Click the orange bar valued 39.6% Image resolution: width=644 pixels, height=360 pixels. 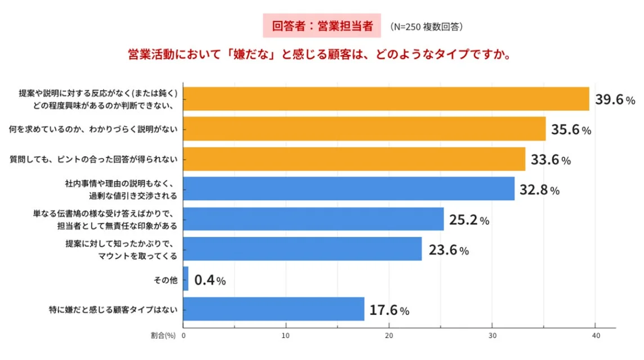tap(386, 99)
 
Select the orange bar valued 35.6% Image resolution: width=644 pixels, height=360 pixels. tap(364, 129)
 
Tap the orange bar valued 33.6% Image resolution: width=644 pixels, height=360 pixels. tap(354, 159)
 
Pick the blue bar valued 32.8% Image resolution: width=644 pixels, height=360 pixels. tap(348, 189)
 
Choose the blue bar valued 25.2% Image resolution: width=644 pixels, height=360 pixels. tap(313, 219)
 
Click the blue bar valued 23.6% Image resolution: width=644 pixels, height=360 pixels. tap(302, 249)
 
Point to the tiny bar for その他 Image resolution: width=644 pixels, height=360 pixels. tap(186, 279)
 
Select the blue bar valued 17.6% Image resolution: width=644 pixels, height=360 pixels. tap(274, 309)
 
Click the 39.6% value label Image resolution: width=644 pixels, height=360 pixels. tap(615, 100)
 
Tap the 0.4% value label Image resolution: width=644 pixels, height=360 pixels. tap(210, 280)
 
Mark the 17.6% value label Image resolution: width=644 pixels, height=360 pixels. tap(390, 310)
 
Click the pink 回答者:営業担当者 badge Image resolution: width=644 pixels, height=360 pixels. tap(321, 26)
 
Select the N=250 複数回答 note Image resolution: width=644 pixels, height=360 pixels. tap(426, 26)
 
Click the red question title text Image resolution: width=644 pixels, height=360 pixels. tap(320, 56)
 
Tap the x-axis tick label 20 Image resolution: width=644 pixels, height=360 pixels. tap(389, 336)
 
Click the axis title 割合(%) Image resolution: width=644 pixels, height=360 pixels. tap(163, 336)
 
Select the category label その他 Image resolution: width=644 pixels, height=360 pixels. tap(166, 279)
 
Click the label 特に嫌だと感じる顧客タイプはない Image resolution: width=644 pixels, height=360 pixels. tap(114, 309)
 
